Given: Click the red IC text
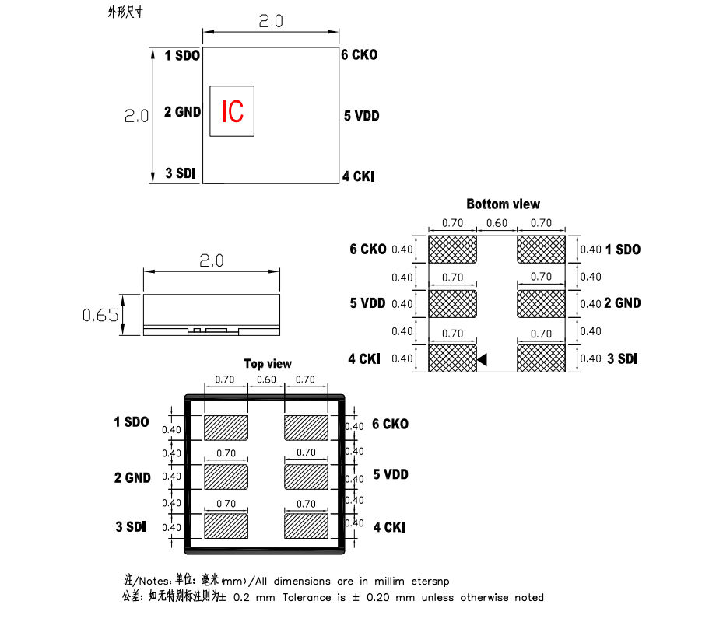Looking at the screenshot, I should tap(233, 112).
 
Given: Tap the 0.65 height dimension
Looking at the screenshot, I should tap(101, 315).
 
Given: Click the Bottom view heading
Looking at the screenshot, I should tap(503, 204).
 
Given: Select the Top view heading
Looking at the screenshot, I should tap(268, 363).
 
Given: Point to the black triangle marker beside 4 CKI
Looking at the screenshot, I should tap(482, 359).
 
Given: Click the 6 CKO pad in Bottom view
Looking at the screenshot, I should tap(452, 250).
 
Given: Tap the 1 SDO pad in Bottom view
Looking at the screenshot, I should tap(541, 250).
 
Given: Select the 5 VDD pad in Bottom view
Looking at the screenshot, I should tap(452, 303).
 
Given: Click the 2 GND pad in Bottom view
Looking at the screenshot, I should tap(541, 303).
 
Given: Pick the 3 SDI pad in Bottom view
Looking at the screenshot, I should tap(541, 358).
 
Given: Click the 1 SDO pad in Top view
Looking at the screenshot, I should tap(226, 426).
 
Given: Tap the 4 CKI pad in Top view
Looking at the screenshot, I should tap(306, 526).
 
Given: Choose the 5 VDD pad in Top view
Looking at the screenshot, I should tap(306, 475).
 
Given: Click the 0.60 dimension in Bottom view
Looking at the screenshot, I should tap(497, 224).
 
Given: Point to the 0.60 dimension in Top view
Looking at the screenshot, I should tap(266, 380).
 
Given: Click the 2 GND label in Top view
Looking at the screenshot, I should tap(132, 477).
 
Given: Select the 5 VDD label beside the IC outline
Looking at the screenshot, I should tap(362, 116).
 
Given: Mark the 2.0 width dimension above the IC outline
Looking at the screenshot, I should tap(271, 22).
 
